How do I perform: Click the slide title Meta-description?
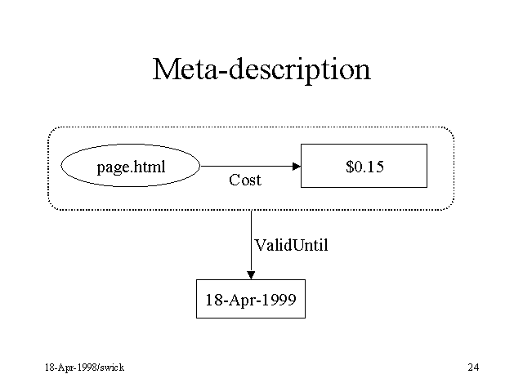coord(261,70)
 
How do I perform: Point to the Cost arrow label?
coord(245,180)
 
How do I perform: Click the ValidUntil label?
coord(291,245)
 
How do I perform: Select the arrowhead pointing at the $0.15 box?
coord(297,166)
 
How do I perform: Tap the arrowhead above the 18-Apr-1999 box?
coord(251,275)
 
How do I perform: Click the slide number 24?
coord(474,367)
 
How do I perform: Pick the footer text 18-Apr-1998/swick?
coord(85,367)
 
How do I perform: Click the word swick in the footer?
coord(113,367)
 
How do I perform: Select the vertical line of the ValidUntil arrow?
coord(251,241)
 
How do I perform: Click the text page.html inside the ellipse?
coord(131,167)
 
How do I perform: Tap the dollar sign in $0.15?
coord(350,167)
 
